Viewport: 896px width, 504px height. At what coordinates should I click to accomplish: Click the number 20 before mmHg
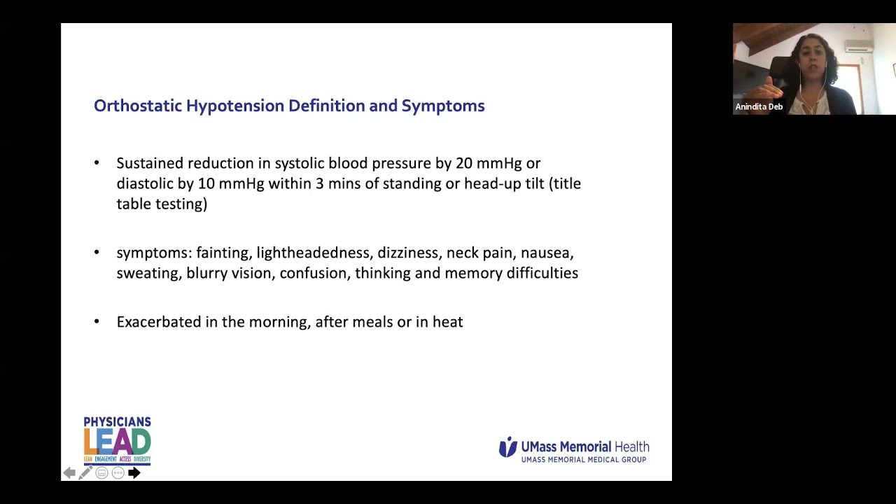[x=463, y=163]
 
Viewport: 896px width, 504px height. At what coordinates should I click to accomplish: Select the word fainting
[x=222, y=253]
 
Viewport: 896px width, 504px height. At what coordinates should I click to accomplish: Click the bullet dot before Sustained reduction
[x=97, y=163]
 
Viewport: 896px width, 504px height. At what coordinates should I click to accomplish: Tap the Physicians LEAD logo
[x=117, y=440]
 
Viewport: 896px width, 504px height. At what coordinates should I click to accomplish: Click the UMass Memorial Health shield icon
[x=507, y=447]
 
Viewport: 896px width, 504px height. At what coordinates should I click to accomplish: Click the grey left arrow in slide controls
[x=69, y=473]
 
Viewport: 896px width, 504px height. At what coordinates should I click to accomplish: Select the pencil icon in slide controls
[x=85, y=473]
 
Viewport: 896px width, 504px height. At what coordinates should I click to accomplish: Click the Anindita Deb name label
[x=759, y=107]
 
